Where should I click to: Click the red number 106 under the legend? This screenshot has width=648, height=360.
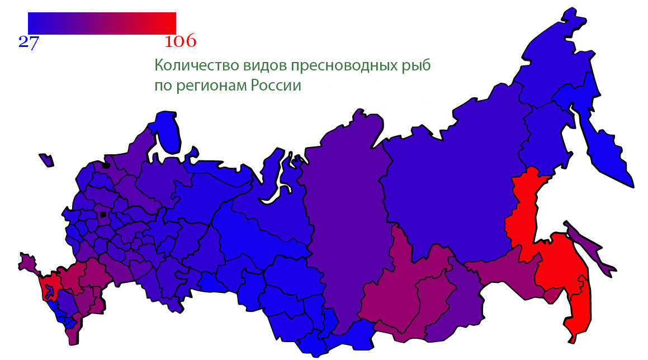click(181, 42)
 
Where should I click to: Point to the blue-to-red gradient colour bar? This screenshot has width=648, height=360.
click(102, 23)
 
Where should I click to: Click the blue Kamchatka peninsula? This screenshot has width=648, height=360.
click(607, 151)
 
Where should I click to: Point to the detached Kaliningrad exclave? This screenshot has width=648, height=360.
click(46, 160)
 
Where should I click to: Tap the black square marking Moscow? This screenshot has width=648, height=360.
click(103, 214)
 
